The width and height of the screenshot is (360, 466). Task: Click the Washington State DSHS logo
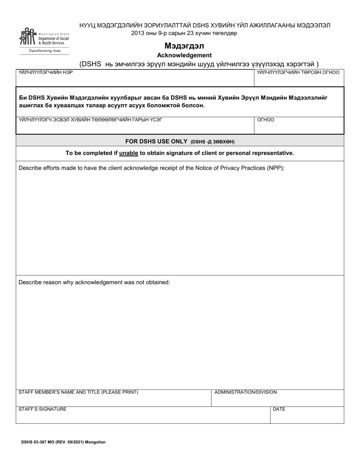coord(44,38)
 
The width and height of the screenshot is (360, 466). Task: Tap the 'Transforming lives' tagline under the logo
coord(45,51)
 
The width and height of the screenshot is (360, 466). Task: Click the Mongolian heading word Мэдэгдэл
coord(184,46)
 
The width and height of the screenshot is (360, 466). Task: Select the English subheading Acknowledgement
coord(184,55)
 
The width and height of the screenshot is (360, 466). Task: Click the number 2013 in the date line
coord(138,33)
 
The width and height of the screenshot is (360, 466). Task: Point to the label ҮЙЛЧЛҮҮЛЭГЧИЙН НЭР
coord(45,72)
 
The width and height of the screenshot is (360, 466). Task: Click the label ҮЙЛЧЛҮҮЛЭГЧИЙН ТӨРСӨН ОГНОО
coord(298,72)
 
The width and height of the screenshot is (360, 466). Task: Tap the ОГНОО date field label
coord(266,120)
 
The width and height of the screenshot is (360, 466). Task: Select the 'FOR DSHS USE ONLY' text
coord(157,141)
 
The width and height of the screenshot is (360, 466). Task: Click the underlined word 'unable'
coord(128,153)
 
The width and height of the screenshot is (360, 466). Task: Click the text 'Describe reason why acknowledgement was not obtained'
coord(94,282)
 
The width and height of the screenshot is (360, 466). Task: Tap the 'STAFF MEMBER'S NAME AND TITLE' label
coord(78,392)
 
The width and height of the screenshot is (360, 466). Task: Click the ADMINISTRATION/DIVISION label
coord(246,392)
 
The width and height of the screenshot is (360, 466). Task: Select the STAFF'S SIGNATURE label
coord(42,409)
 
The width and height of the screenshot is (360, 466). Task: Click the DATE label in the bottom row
coord(279,409)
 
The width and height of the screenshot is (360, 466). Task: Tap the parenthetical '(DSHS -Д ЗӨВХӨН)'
coord(213,142)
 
